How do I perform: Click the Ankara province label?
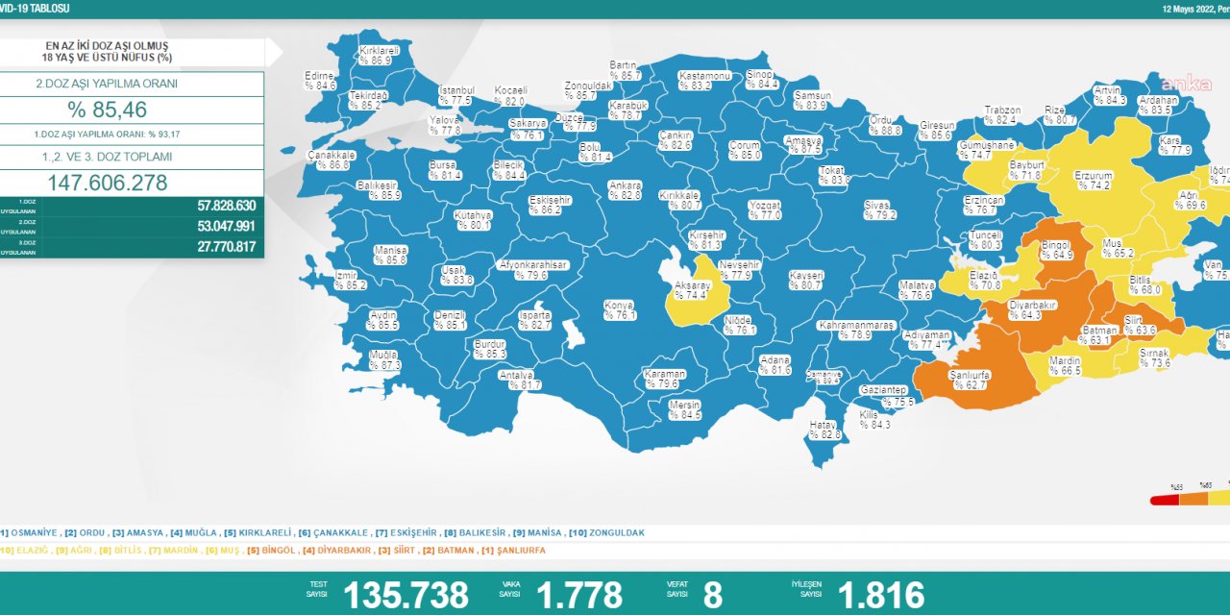pyautogui.click(x=625, y=190)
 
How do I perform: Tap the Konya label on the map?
pyautogui.click(x=619, y=310)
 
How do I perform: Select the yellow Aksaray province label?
pyautogui.click(x=692, y=291)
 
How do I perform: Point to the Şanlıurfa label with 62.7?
pyautogui.click(x=969, y=381)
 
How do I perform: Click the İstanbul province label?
pyautogui.click(x=455, y=95)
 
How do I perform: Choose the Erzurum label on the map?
pyautogui.click(x=1094, y=181)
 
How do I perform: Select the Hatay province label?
pyautogui.click(x=824, y=430)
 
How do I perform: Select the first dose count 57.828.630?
pyautogui.click(x=211, y=206)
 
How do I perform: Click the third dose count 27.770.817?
pyautogui.click(x=211, y=247)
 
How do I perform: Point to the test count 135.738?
pyautogui.click(x=406, y=595)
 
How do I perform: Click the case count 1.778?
pyautogui.click(x=579, y=595)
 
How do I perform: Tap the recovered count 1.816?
pyautogui.click(x=880, y=595)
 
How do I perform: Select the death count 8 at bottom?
pyautogui.click(x=712, y=595)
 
